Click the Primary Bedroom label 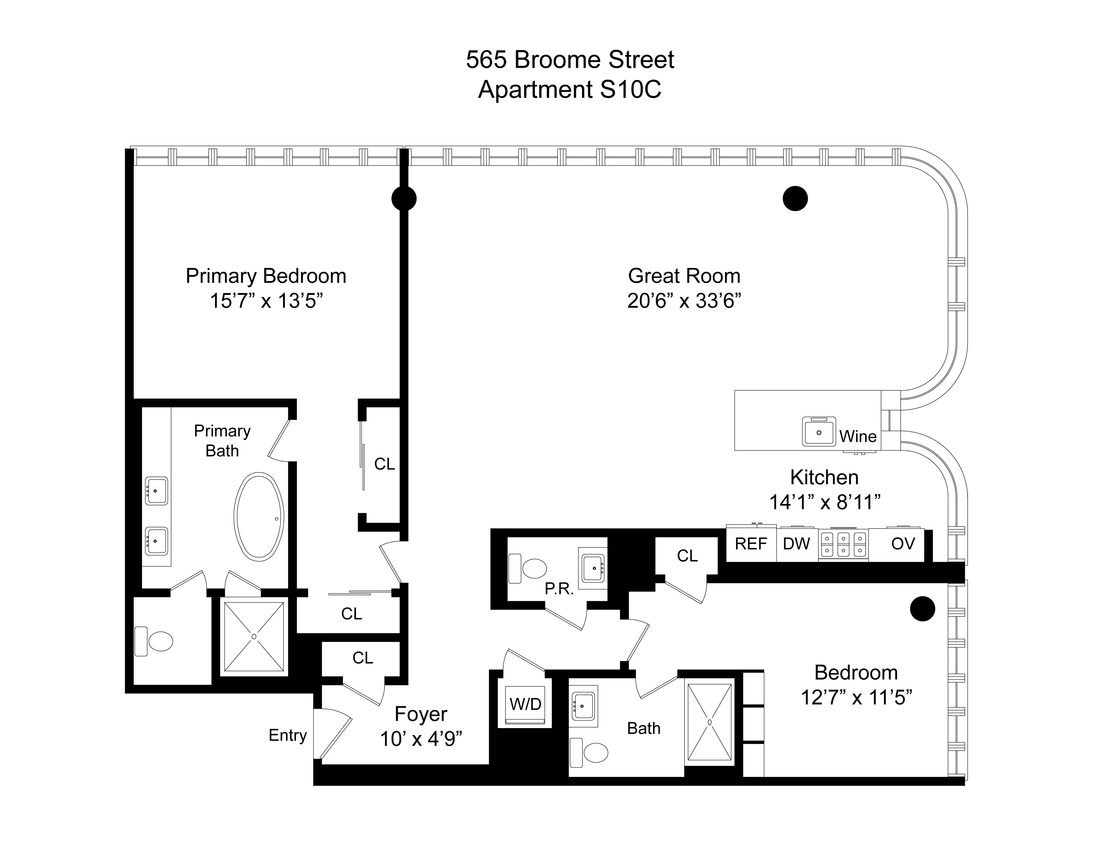coord(266,276)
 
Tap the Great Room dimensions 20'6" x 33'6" coord(684,301)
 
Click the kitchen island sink coord(819,431)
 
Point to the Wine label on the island coord(858,436)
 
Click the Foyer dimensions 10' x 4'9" coord(421,739)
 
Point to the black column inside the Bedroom coord(922,609)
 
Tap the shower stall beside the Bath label coord(709,722)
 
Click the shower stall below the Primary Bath coord(254,636)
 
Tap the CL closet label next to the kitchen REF coord(687,555)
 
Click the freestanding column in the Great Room coord(795,199)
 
